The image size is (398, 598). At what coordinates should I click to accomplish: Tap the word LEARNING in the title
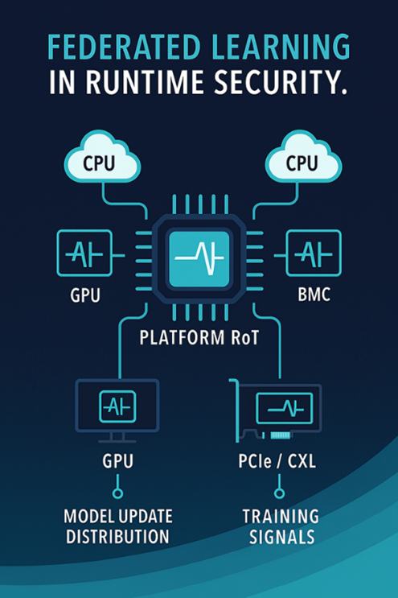[x=284, y=47]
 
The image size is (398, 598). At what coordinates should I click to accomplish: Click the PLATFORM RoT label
[x=199, y=339]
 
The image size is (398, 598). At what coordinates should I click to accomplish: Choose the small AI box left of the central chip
[x=84, y=254]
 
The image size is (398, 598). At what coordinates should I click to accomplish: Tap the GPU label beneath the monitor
[x=117, y=464]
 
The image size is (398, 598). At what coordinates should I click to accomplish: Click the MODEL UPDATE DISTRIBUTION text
[x=117, y=526]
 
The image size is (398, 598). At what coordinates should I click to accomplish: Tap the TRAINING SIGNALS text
[x=279, y=526]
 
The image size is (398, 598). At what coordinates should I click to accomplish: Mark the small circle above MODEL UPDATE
[x=117, y=493]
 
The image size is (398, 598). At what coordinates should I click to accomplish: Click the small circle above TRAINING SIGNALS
[x=279, y=493]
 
